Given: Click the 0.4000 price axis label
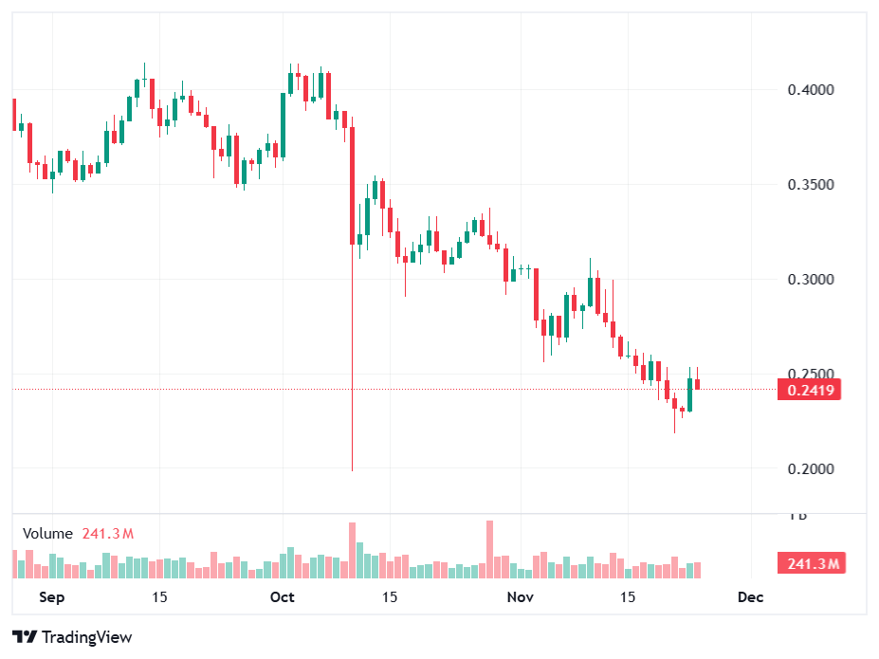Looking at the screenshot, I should [x=811, y=90].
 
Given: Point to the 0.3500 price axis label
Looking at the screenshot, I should [x=811, y=184].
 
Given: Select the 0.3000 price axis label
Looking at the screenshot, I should [x=811, y=279].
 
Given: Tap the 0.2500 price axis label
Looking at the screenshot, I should [x=811, y=374].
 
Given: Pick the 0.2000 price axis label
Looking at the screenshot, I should [x=811, y=468].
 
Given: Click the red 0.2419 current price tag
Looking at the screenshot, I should [x=809, y=389].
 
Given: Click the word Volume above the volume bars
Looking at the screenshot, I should [x=47, y=534].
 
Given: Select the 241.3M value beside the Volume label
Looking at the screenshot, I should [x=107, y=534].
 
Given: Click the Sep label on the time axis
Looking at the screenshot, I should [x=53, y=597].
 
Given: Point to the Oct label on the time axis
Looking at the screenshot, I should [x=282, y=597].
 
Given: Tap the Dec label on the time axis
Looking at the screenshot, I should [x=750, y=597].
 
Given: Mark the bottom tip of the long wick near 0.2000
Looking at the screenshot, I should [x=352, y=469].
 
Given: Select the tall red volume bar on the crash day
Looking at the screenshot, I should [x=352, y=550].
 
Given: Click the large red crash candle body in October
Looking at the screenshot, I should [x=352, y=185].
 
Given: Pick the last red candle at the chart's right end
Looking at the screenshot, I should [x=698, y=384].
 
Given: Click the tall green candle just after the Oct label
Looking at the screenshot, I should [x=284, y=124].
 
